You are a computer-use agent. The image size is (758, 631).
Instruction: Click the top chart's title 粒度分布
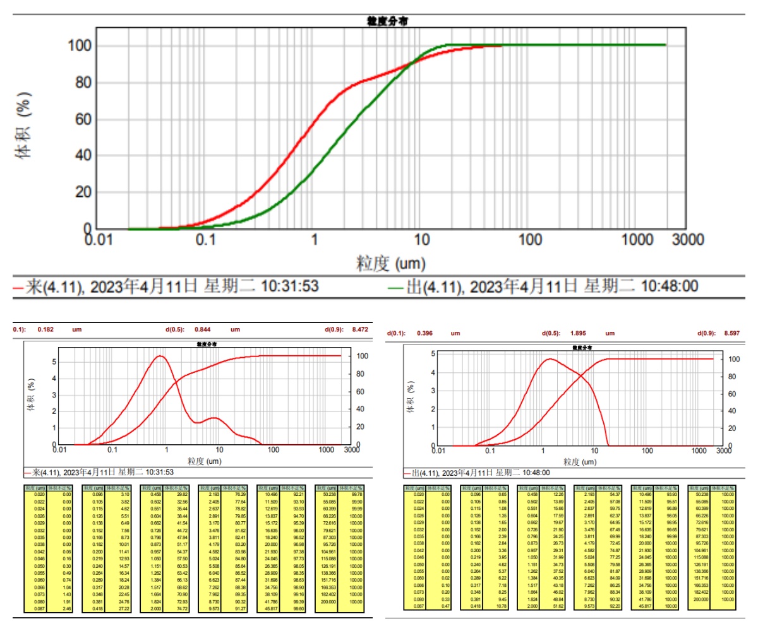pyautogui.click(x=387, y=21)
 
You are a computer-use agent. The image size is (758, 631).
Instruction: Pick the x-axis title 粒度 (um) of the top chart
pyautogui.click(x=391, y=261)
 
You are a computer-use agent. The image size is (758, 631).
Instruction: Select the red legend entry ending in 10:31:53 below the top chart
pyautogui.click(x=164, y=286)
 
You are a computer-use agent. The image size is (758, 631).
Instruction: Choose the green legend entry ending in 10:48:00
pyautogui.click(x=543, y=286)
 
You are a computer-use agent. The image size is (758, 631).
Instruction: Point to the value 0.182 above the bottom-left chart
pyautogui.click(x=45, y=329)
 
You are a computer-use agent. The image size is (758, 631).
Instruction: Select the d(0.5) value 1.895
pyautogui.click(x=577, y=333)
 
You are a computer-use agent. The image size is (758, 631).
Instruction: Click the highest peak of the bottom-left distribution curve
pyautogui.click(x=160, y=356)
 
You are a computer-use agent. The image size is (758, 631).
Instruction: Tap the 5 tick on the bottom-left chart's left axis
pyautogui.click(x=55, y=362)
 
